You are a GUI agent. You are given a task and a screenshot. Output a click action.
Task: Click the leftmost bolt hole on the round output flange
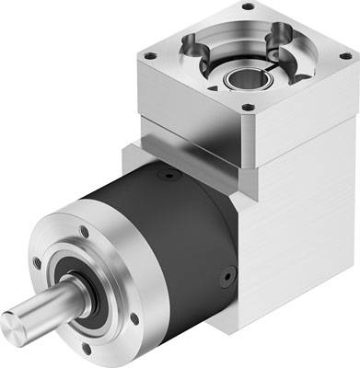point(37,263)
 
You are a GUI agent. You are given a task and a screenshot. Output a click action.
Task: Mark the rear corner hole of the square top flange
point(248,7)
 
